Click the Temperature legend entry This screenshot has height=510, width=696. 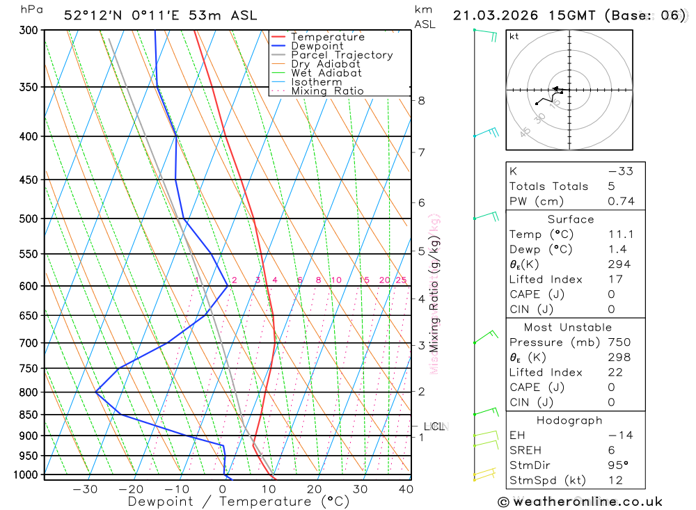pos(327,37)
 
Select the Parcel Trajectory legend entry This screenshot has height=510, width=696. pos(342,55)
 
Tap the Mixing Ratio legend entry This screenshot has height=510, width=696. pos(327,91)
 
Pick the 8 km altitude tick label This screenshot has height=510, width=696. pos(422,100)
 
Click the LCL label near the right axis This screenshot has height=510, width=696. pos(434,426)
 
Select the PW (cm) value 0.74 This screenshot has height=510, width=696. pos(622,201)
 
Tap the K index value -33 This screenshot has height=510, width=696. pos(620,171)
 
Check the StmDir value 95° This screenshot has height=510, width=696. pos(615,465)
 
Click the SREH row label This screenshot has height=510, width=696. pos(524,450)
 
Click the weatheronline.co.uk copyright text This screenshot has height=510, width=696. pos(580,502)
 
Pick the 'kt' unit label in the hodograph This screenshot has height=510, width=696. pos(514,36)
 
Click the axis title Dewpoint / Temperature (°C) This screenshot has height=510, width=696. pos(239,502)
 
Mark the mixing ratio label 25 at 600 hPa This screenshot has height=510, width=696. pos(401,280)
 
